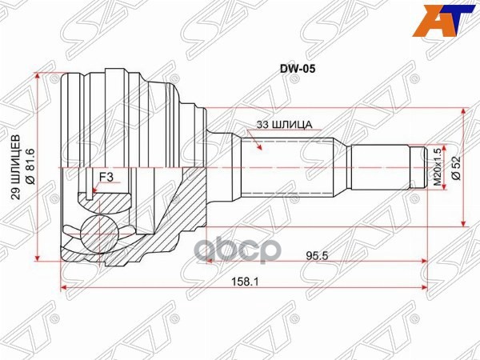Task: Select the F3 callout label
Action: click(x=106, y=178)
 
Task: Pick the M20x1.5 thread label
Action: click(x=437, y=166)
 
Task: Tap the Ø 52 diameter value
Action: click(x=454, y=167)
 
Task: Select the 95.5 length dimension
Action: click(x=318, y=256)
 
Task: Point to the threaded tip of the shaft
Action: click(x=418, y=167)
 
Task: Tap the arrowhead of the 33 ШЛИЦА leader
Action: click(x=258, y=147)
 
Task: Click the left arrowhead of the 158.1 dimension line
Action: click(x=65, y=286)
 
